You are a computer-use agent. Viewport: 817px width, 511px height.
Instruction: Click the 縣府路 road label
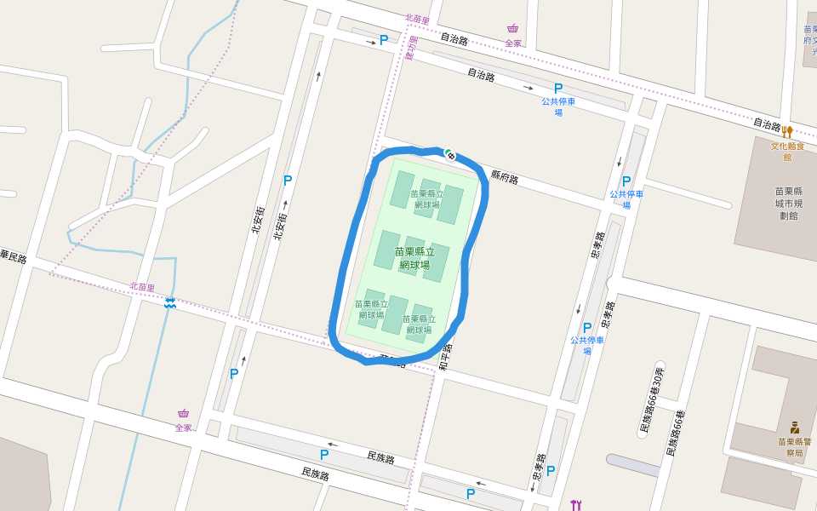(505, 177)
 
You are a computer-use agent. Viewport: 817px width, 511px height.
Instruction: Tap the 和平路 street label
(443, 356)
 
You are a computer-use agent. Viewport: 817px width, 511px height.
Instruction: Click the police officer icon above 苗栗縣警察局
(794, 427)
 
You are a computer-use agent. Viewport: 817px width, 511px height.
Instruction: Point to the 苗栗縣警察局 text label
(794, 447)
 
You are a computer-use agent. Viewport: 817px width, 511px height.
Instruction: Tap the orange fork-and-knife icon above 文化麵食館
(787, 132)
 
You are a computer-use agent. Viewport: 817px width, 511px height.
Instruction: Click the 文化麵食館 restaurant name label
(787, 151)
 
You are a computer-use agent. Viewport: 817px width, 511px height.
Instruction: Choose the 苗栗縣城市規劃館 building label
(797, 204)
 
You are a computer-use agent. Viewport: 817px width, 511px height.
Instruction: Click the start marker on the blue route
(449, 154)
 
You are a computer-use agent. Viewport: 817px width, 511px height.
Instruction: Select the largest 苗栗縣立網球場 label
(414, 258)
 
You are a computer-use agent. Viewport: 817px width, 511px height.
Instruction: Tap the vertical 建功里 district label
(412, 48)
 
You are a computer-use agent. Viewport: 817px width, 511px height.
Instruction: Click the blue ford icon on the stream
(170, 302)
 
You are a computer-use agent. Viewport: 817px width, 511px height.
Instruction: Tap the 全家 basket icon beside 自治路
(512, 28)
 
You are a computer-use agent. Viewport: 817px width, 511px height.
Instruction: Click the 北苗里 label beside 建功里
(417, 19)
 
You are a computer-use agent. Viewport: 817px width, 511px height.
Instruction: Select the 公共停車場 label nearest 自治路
(558, 106)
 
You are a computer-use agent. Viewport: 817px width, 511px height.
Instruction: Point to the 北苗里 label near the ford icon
(142, 287)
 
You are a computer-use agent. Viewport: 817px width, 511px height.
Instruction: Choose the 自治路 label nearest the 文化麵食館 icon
(767, 124)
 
